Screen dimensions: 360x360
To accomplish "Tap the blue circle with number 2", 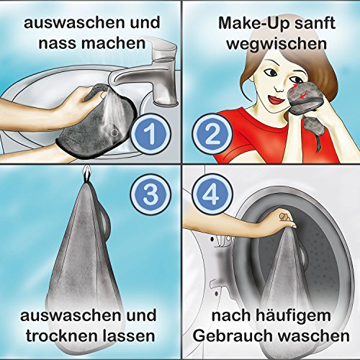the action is [x=212, y=135].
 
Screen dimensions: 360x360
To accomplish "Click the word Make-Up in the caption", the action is [x=248, y=23].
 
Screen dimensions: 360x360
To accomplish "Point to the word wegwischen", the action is [x=276, y=44].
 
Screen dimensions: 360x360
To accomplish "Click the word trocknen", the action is [x=62, y=336].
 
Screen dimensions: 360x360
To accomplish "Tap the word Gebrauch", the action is [x=233, y=336].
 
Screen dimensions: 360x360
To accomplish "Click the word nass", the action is [x=57, y=44].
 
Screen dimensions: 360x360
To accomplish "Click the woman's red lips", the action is [x=274, y=99].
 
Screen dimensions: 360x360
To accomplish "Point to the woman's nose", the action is [x=279, y=88].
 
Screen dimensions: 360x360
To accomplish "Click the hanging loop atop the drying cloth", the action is [x=86, y=174].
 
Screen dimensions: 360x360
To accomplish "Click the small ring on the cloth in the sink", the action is [x=115, y=132].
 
